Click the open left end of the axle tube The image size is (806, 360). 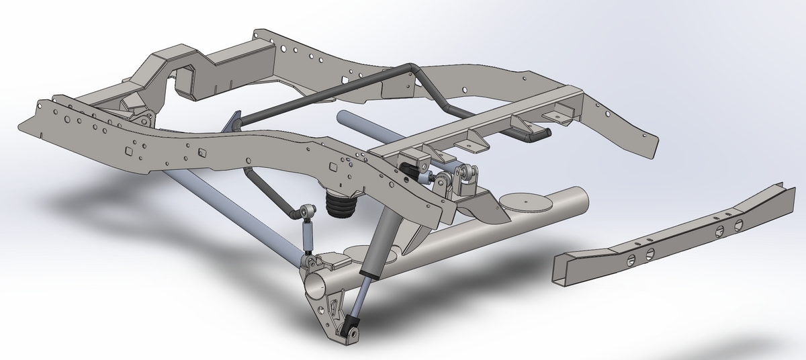tap(315, 283)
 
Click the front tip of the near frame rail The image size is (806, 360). tap(30, 121)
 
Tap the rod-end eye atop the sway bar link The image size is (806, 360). tap(308, 212)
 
